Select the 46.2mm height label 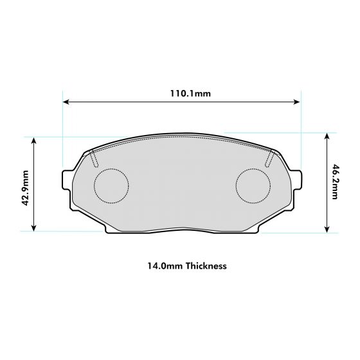pos(335,183)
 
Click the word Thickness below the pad pos(206,265)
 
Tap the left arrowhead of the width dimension pos(66,102)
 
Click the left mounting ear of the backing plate pos(66,180)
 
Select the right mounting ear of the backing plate pos(297,180)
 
